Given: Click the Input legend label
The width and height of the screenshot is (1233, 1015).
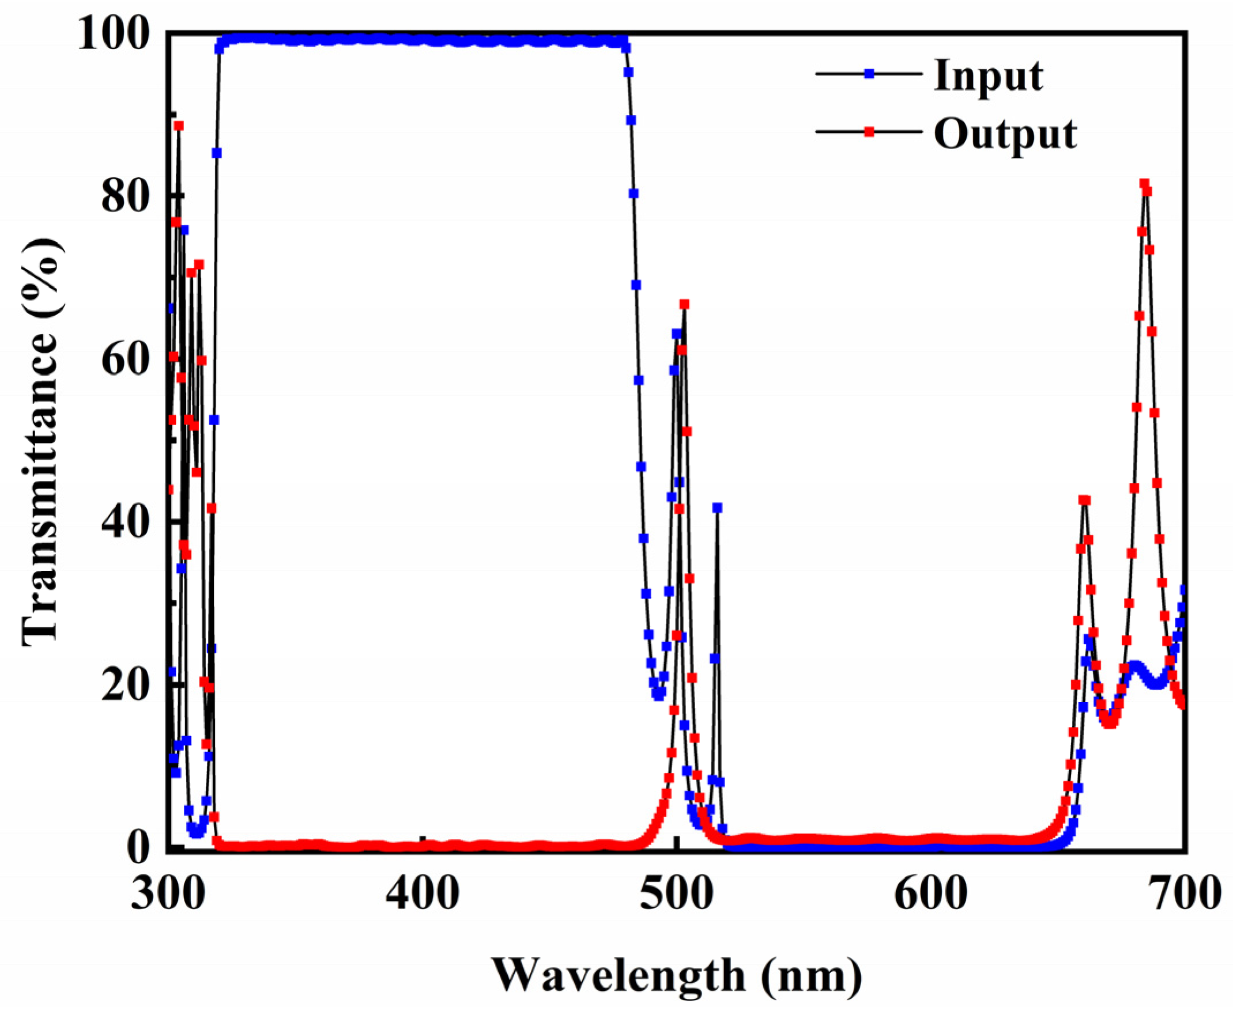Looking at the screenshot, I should [988, 76].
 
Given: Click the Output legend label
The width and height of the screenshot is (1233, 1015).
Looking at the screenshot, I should [1005, 134].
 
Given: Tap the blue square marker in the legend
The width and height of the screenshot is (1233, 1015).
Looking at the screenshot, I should [869, 74].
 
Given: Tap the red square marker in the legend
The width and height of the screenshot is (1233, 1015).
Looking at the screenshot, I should [869, 132].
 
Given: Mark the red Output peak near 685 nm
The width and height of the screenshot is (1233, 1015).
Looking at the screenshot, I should [1145, 184].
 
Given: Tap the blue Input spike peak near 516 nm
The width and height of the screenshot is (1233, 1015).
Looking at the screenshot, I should [717, 507].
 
